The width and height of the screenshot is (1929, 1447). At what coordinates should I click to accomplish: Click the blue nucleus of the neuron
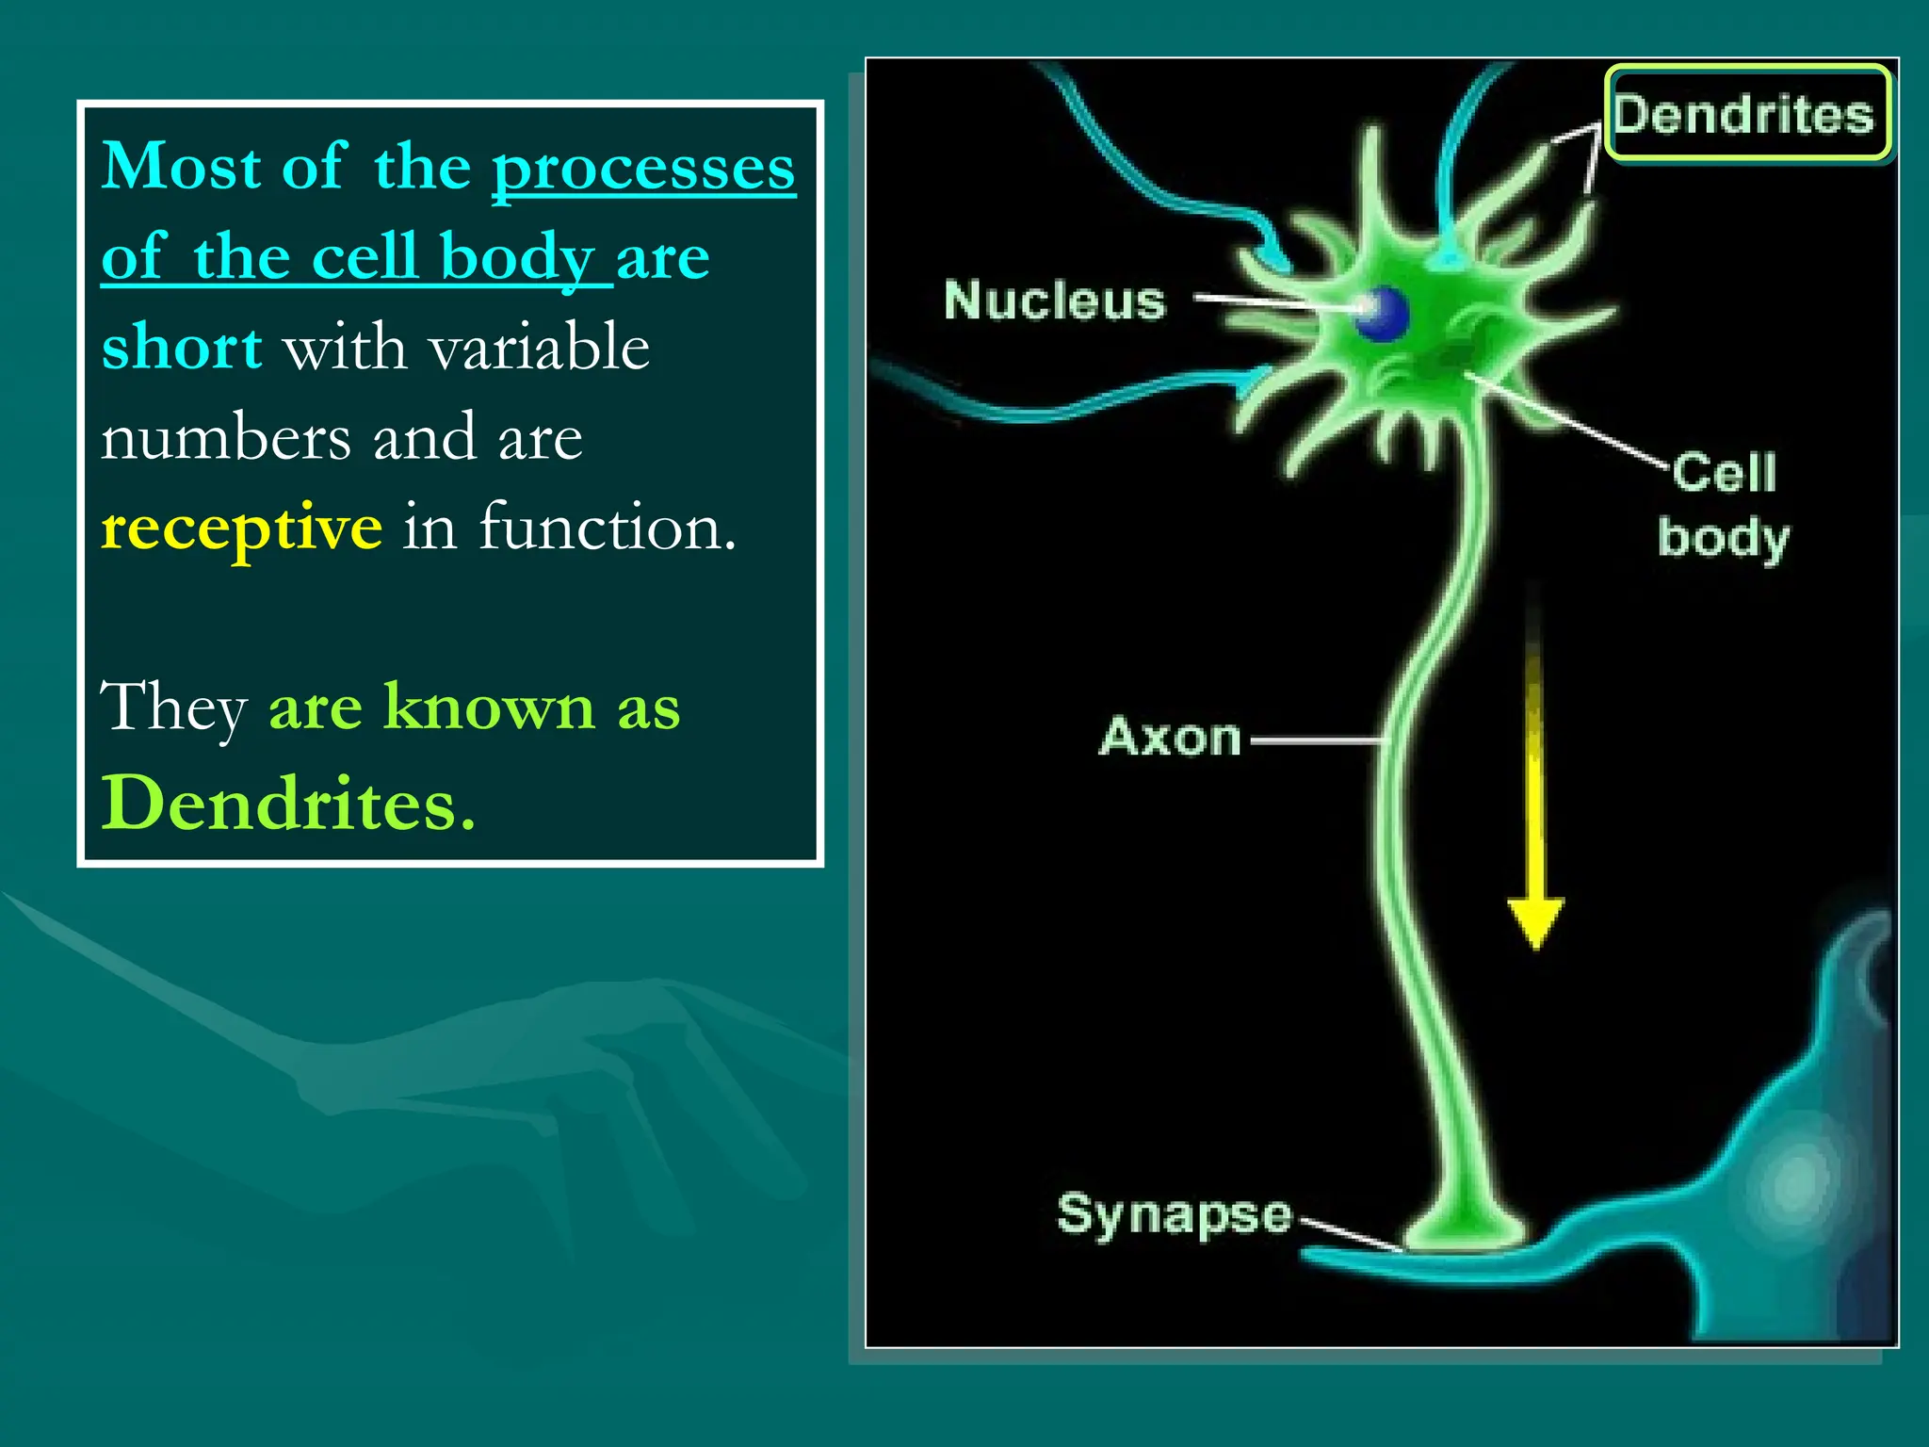[1382, 313]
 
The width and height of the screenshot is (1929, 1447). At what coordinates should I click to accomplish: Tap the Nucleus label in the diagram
[1054, 301]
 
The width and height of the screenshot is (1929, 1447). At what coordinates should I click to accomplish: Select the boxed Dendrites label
[1746, 114]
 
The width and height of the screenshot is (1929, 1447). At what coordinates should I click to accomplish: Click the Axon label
[1170, 738]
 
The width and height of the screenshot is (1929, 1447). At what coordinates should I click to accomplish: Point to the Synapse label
[1174, 1215]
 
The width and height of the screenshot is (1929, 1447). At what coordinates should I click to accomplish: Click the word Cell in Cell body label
[1725, 472]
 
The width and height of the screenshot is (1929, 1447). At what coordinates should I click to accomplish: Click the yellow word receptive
[241, 528]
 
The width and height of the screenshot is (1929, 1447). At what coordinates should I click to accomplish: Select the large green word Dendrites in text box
[287, 804]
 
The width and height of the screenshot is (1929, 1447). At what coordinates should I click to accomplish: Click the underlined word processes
[643, 168]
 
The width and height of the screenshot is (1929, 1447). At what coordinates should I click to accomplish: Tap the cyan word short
[182, 347]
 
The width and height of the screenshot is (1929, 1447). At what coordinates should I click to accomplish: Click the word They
[173, 707]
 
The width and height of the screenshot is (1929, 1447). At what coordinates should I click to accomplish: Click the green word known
[489, 707]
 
